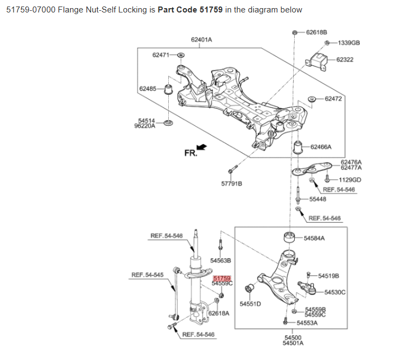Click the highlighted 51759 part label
[x=222, y=278]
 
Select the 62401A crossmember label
[x=201, y=40]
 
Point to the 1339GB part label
[x=348, y=43]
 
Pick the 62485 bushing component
[x=168, y=88]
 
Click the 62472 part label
[x=333, y=99]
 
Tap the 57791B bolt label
[x=231, y=183]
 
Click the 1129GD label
[x=350, y=179]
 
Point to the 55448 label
[x=318, y=199]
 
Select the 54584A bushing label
[x=314, y=238]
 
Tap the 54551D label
[x=250, y=304]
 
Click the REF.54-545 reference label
[x=147, y=275]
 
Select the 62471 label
[x=161, y=55]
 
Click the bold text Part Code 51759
[x=190, y=10]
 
